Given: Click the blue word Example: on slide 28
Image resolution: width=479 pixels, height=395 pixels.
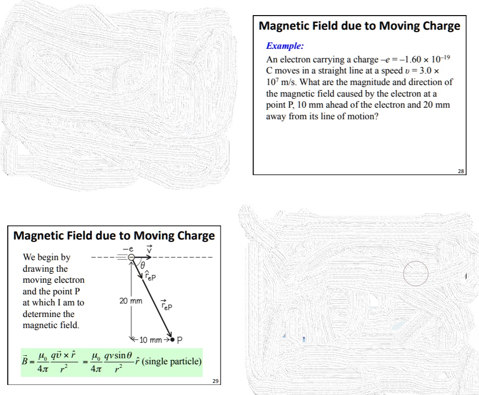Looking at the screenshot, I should (x=285, y=46).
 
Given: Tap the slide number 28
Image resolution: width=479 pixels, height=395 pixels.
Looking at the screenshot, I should (x=460, y=171).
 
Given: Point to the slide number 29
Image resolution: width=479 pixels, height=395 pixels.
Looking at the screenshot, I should (x=215, y=382).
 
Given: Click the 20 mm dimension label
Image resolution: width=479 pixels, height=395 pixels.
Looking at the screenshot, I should (x=131, y=301).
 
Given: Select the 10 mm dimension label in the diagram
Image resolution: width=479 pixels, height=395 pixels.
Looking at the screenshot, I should (x=150, y=340).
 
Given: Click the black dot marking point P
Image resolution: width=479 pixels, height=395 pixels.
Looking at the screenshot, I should (x=172, y=340).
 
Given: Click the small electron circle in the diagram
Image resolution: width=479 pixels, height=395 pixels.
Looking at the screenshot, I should (x=131, y=258).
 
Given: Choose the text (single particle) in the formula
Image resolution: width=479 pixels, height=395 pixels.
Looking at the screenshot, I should (x=173, y=362).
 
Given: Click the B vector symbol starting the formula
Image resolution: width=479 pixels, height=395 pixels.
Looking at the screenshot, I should (x=27, y=361).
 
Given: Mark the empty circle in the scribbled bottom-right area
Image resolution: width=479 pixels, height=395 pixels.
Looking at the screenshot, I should (x=416, y=274).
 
